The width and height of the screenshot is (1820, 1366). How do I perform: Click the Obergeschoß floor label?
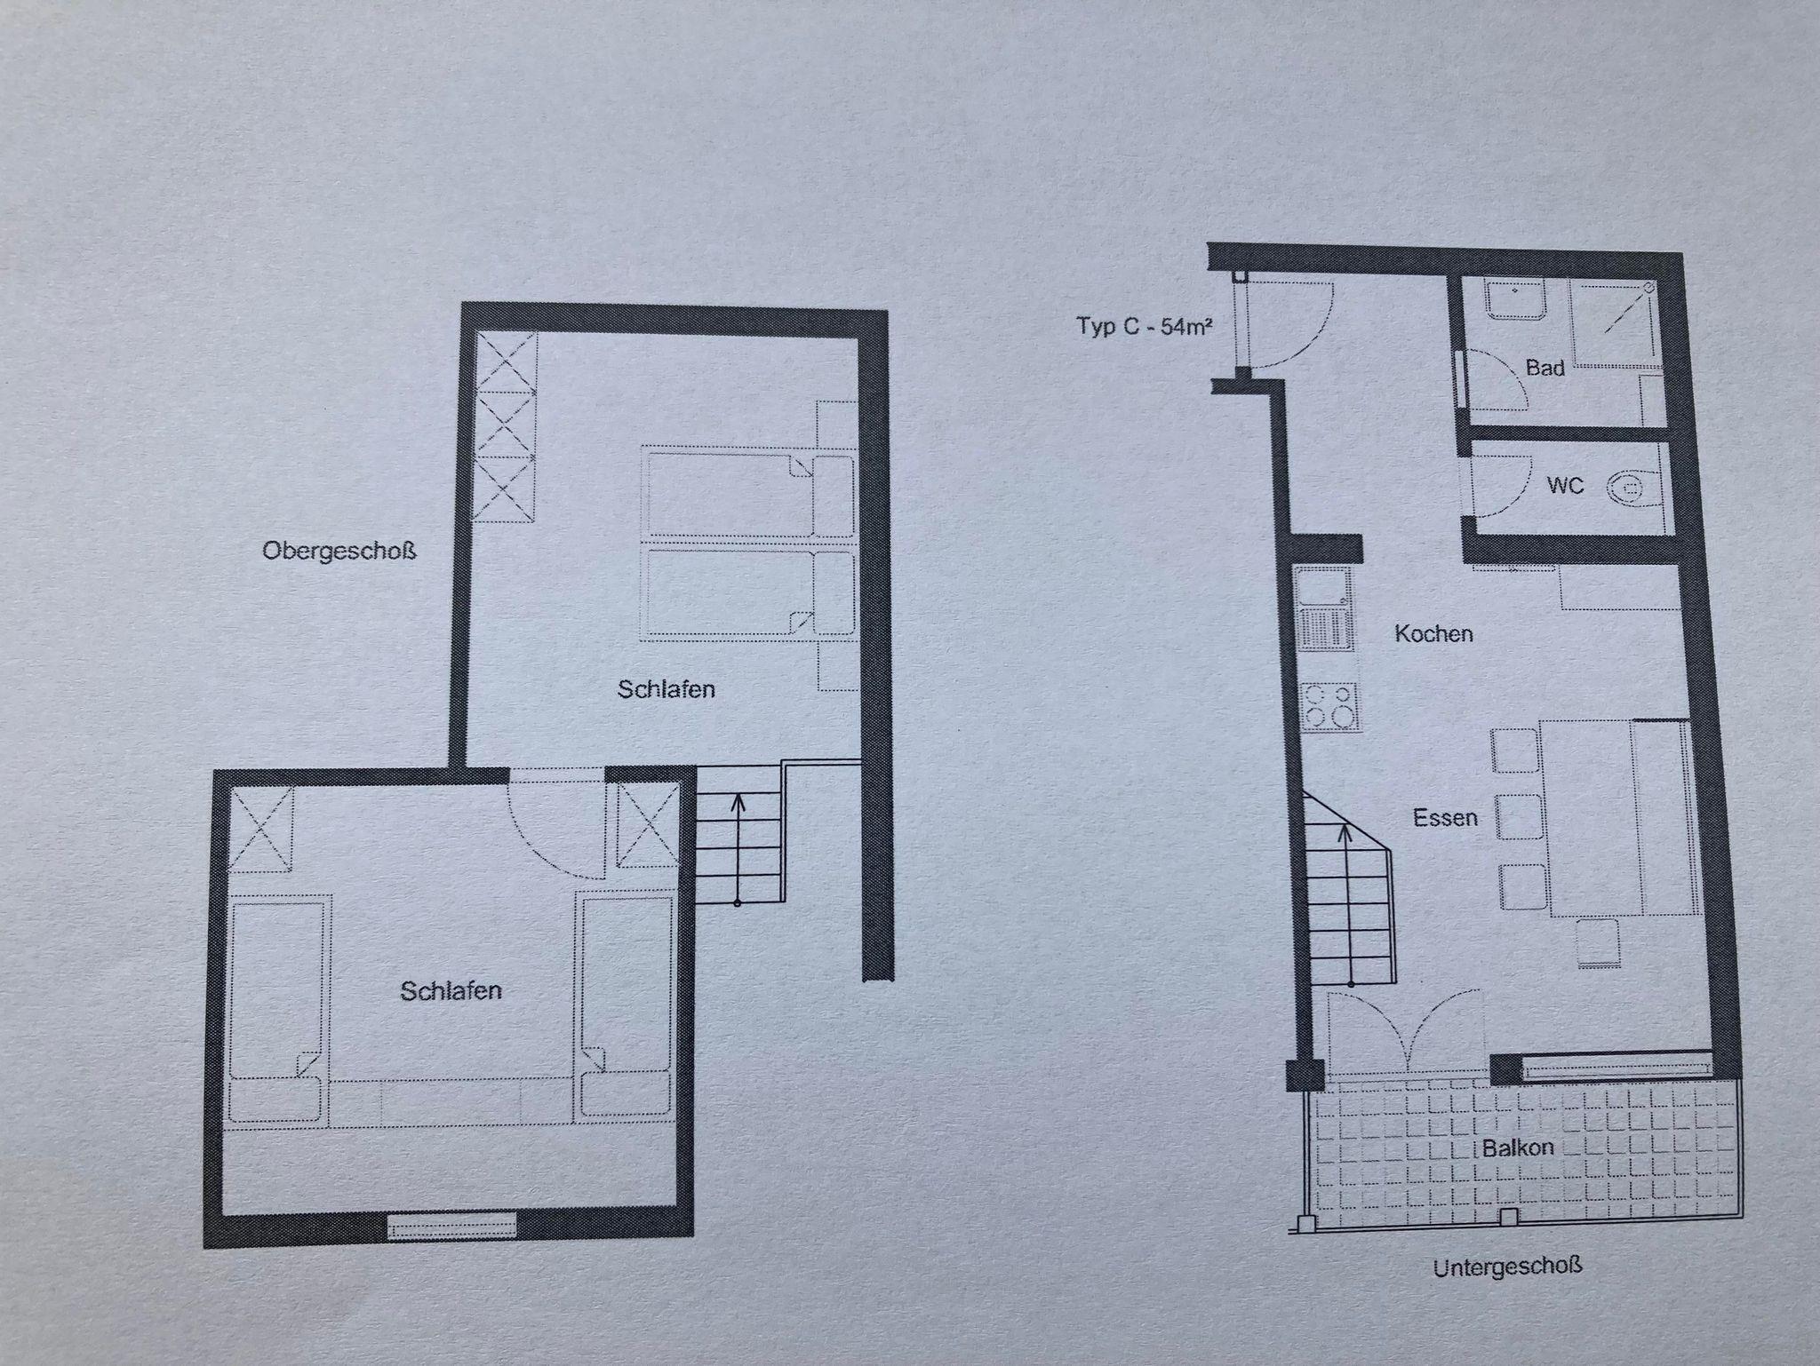pyautogui.click(x=339, y=552)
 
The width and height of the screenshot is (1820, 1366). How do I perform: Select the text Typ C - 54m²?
pyautogui.click(x=1145, y=326)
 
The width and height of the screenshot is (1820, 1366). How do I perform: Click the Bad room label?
pyautogui.click(x=1545, y=368)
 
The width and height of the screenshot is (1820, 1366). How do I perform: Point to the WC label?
pyautogui.click(x=1565, y=486)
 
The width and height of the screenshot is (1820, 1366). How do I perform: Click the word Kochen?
pyautogui.click(x=1433, y=633)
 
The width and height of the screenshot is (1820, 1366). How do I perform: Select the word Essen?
pyautogui.click(x=1445, y=817)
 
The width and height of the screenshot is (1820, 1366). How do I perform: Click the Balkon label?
pyautogui.click(x=1518, y=1148)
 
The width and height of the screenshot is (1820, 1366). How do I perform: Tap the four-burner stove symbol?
pyautogui.click(x=1329, y=705)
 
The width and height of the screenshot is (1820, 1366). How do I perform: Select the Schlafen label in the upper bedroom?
pyautogui.click(x=667, y=688)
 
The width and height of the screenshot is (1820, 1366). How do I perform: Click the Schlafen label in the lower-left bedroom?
pyautogui.click(x=451, y=990)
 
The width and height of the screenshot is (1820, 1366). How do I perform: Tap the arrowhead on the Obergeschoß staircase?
pyautogui.click(x=737, y=805)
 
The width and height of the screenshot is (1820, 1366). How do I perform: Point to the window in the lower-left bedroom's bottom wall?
pyautogui.click(x=452, y=1226)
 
